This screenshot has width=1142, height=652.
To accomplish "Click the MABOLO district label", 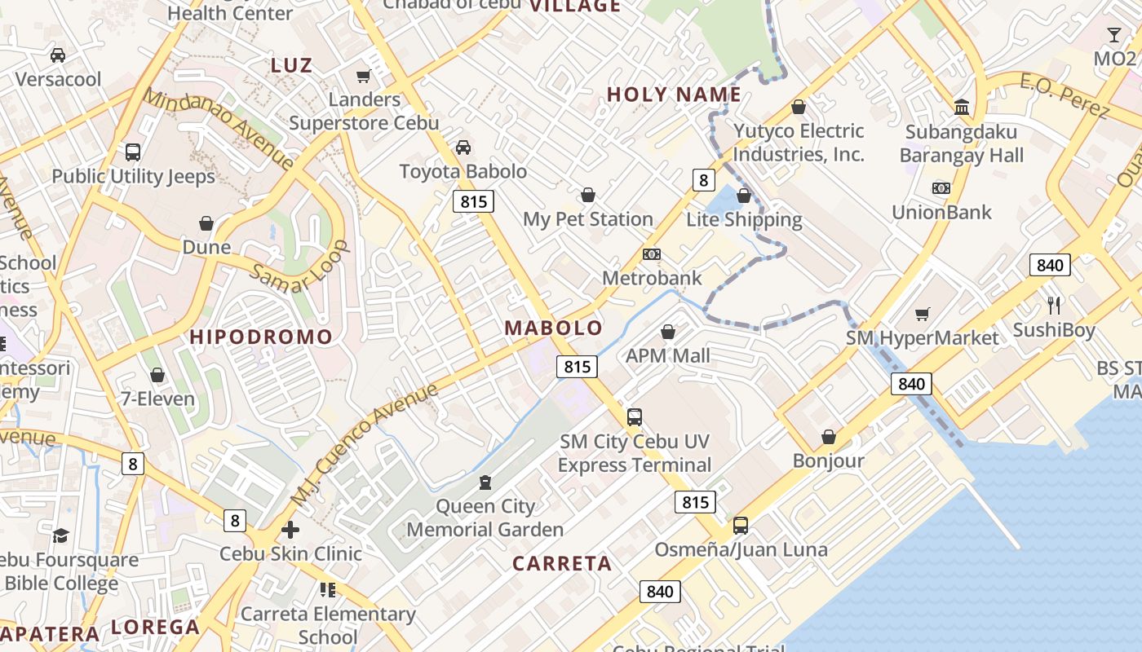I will pyautogui.click(x=554, y=328).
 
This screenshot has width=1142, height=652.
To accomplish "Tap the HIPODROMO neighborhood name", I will pyautogui.click(x=261, y=337).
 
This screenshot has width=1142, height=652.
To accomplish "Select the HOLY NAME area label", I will pyautogui.click(x=674, y=95).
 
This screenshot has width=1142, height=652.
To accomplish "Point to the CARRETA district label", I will pyautogui.click(x=562, y=564).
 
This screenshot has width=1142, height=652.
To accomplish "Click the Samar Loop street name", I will pyautogui.click(x=299, y=267).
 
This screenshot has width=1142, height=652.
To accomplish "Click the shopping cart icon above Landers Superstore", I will pyautogui.click(x=364, y=76).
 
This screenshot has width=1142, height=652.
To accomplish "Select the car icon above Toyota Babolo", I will pyautogui.click(x=463, y=148).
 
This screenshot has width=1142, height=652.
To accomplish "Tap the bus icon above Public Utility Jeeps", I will pyautogui.click(x=133, y=152).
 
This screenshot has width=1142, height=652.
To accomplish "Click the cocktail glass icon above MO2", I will pyautogui.click(x=1114, y=35).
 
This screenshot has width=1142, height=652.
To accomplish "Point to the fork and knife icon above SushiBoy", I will pyautogui.click(x=1054, y=306).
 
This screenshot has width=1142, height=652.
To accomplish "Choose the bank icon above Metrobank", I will pyautogui.click(x=651, y=254).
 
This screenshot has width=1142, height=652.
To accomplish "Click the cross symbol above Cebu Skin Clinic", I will pyautogui.click(x=290, y=530).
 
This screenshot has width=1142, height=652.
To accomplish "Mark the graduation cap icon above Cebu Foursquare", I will pyautogui.click(x=61, y=535).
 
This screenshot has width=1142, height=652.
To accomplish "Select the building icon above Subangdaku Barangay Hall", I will pyautogui.click(x=962, y=108).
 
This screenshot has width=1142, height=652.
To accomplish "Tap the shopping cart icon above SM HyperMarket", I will pyautogui.click(x=922, y=314).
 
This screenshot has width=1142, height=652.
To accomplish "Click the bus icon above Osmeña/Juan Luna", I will pyautogui.click(x=741, y=526).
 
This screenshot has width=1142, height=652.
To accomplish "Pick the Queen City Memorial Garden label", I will pyautogui.click(x=485, y=518).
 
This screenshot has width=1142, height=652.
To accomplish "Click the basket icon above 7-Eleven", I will pyautogui.click(x=157, y=375).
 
